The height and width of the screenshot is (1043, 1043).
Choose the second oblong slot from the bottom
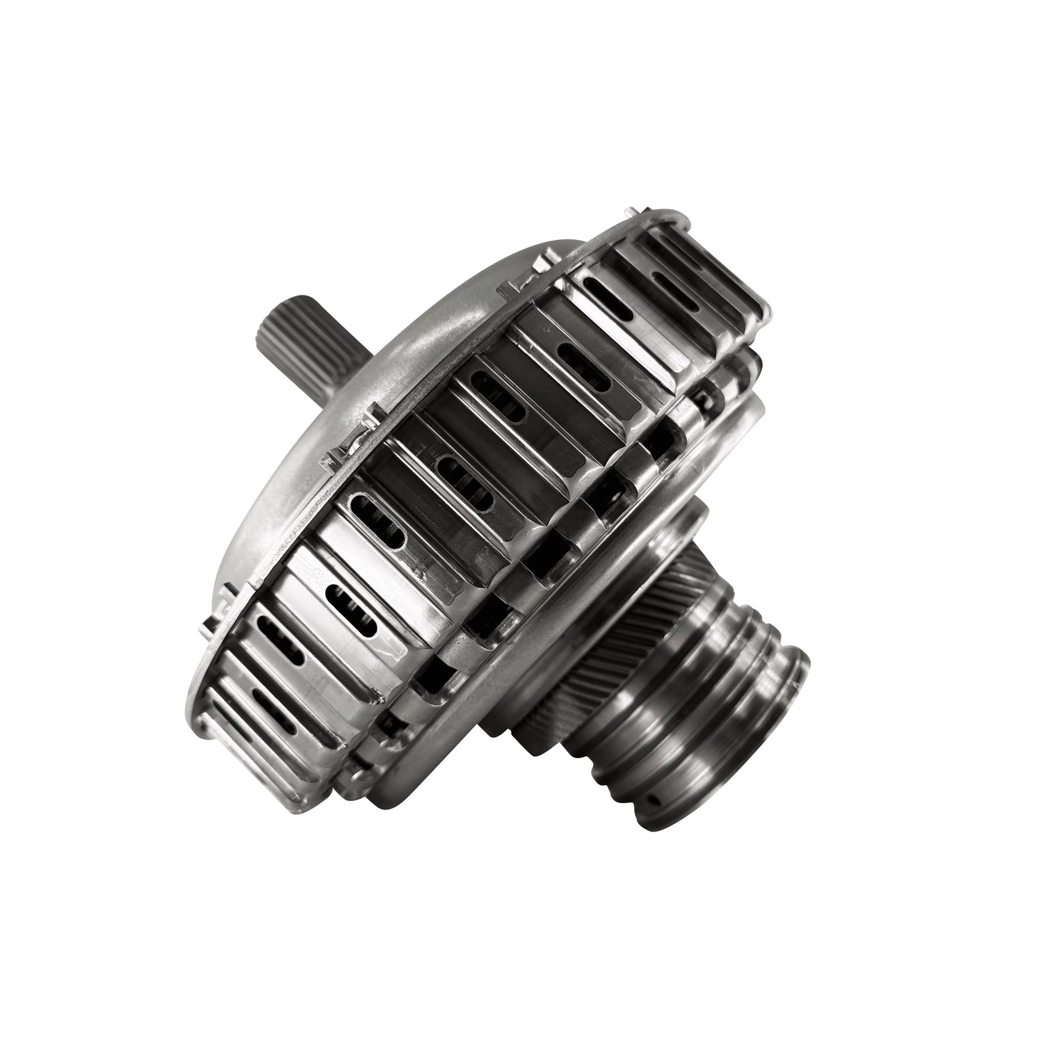pyautogui.click(x=282, y=636)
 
